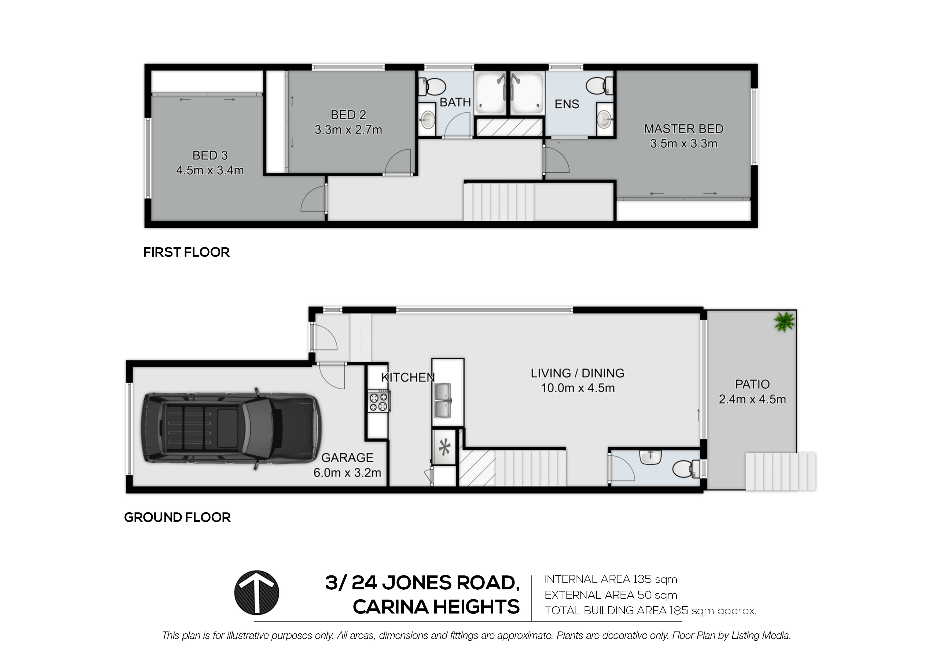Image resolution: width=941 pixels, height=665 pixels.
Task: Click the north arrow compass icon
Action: (256, 593)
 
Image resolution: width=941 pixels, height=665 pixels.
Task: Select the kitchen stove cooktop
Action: (379, 400)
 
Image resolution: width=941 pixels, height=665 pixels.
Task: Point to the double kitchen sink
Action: (443, 401)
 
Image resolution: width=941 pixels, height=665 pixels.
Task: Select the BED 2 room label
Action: (348, 115)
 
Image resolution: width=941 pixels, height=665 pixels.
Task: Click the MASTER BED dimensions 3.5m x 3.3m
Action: (683, 144)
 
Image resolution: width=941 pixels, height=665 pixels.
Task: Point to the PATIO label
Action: (752, 384)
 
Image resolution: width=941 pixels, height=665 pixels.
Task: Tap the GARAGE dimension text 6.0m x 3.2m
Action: (347, 473)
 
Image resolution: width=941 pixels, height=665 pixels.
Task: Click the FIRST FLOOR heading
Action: (186, 252)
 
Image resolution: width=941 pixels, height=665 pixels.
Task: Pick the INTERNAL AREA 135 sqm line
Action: (611, 579)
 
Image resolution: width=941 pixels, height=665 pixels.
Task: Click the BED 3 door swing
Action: (314, 198)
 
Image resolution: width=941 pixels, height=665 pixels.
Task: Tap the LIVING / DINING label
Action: (578, 373)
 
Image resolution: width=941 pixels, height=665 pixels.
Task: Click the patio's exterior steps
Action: (780, 471)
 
